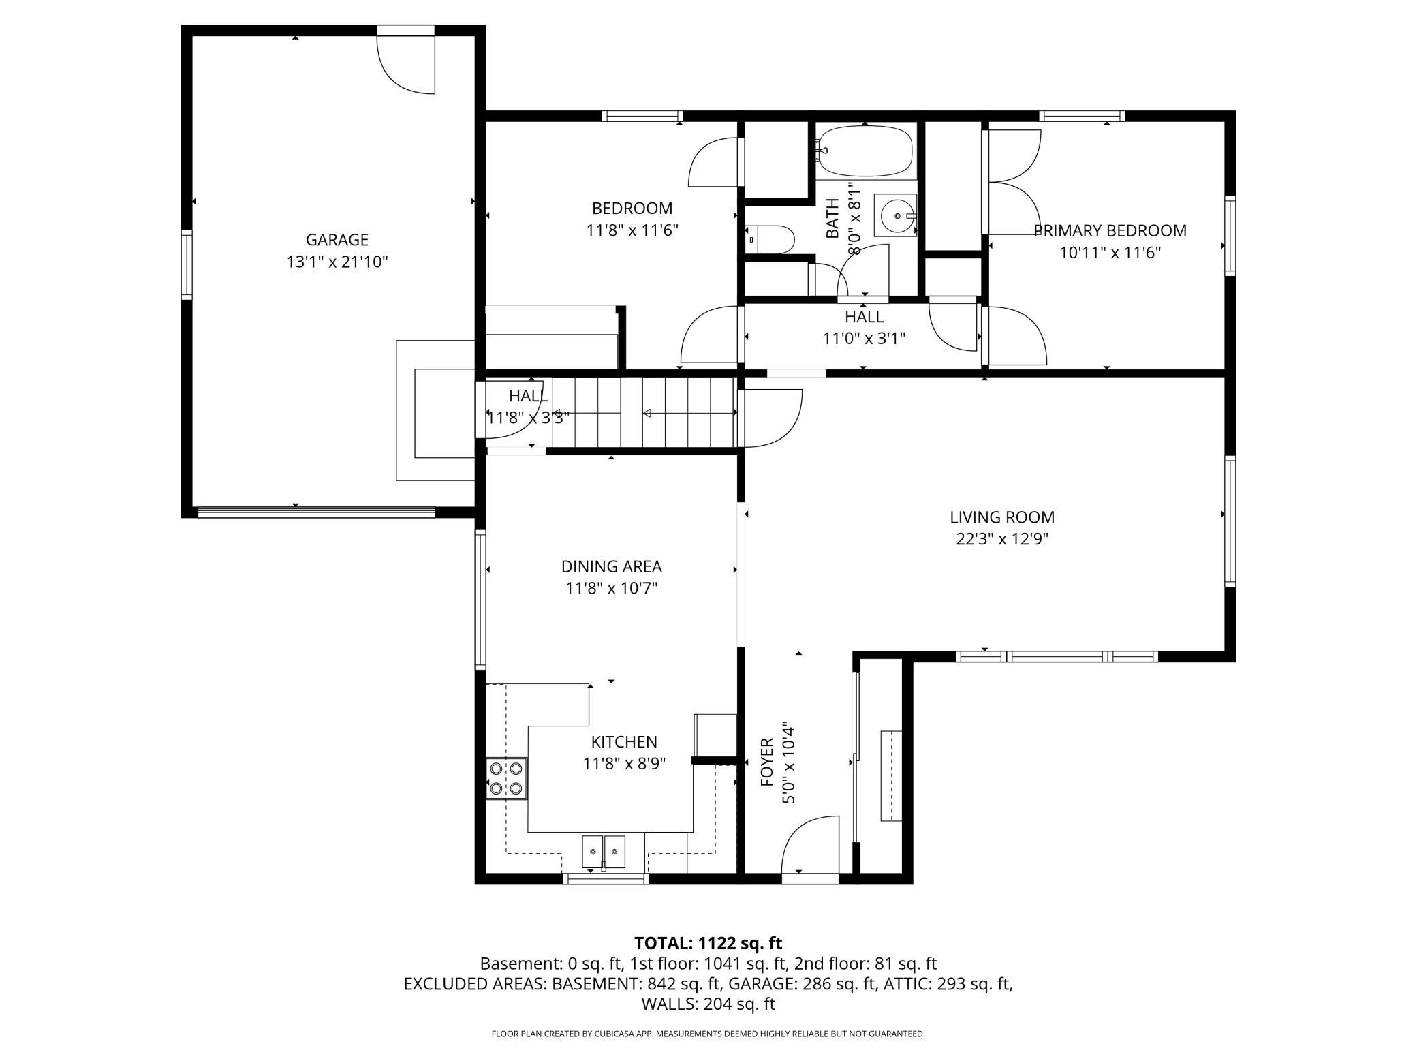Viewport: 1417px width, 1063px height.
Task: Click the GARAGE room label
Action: pos(337,239)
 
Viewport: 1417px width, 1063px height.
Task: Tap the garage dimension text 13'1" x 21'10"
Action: pos(337,262)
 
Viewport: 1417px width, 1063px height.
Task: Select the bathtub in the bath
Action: pos(866,151)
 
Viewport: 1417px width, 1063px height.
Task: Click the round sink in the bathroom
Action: pos(895,216)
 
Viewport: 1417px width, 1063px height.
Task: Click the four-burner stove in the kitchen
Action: pos(506,779)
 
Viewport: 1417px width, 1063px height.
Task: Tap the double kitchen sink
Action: pos(604,852)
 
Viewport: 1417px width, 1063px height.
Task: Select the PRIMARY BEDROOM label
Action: pos(1110,230)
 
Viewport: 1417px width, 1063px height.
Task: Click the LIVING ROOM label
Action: pos(1002,517)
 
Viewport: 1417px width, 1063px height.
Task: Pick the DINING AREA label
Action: pos(611,566)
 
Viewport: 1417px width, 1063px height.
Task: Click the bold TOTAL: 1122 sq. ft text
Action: pos(708,943)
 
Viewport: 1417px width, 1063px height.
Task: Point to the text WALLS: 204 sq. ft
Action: pos(708,1004)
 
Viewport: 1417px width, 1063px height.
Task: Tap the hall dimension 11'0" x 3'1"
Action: pos(864,339)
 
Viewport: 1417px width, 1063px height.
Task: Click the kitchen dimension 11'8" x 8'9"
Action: pos(624,763)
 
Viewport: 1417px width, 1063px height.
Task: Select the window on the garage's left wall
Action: pos(186,264)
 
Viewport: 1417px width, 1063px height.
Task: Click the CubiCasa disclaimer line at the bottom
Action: pos(708,1034)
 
